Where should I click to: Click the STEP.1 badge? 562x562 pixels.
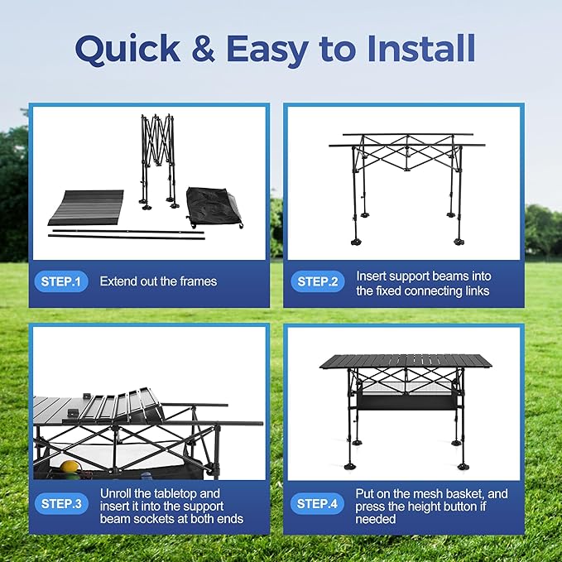click(x=61, y=281)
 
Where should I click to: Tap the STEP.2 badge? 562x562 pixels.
click(x=317, y=281)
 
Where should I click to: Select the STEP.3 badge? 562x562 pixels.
click(x=61, y=503)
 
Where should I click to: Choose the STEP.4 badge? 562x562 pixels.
click(x=317, y=503)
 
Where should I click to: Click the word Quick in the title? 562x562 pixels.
click(x=127, y=49)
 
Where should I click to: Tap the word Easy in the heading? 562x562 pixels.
click(x=267, y=50)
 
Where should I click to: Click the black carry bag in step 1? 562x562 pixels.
click(x=214, y=207)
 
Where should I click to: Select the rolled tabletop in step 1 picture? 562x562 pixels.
click(x=86, y=208)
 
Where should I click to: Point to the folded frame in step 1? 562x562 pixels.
click(x=158, y=161)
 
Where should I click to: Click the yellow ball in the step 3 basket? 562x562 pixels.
click(x=68, y=467)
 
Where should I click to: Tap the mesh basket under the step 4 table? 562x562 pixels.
click(x=406, y=396)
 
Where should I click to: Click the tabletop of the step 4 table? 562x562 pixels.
click(x=406, y=362)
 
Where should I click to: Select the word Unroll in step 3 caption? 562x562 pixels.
click(x=115, y=493)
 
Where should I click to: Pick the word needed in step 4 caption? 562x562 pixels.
click(x=376, y=519)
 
